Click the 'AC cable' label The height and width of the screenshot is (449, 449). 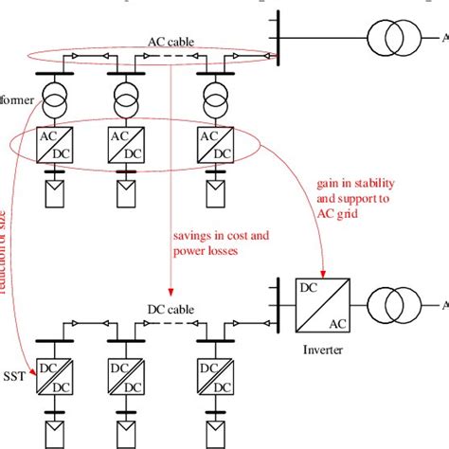coord(169,41)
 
